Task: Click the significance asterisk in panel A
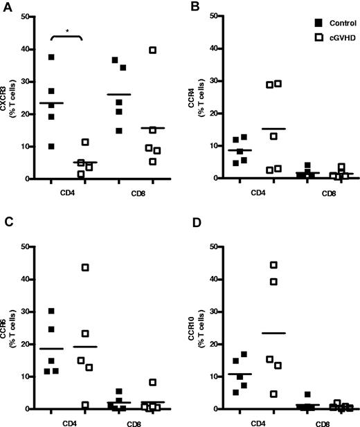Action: [67, 31]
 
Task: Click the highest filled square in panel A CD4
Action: [51, 57]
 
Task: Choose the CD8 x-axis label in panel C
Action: [141, 419]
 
